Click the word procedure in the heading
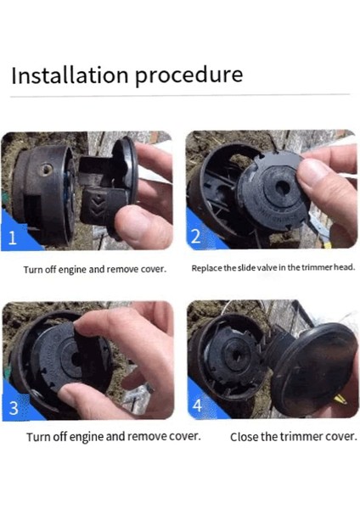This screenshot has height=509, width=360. (x=188, y=76)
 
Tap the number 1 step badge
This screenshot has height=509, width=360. (x=13, y=238)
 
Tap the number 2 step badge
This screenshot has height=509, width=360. (x=195, y=236)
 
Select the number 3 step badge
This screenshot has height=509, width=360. (x=14, y=408)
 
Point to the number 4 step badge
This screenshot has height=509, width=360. (x=197, y=406)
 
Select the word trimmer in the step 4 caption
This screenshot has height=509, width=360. (x=302, y=437)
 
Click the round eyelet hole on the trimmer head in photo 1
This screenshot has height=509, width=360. (x=46, y=169)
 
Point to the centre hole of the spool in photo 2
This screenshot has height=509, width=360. (x=282, y=188)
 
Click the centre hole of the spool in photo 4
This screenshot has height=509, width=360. (x=237, y=355)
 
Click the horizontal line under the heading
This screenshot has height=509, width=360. (x=180, y=95)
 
